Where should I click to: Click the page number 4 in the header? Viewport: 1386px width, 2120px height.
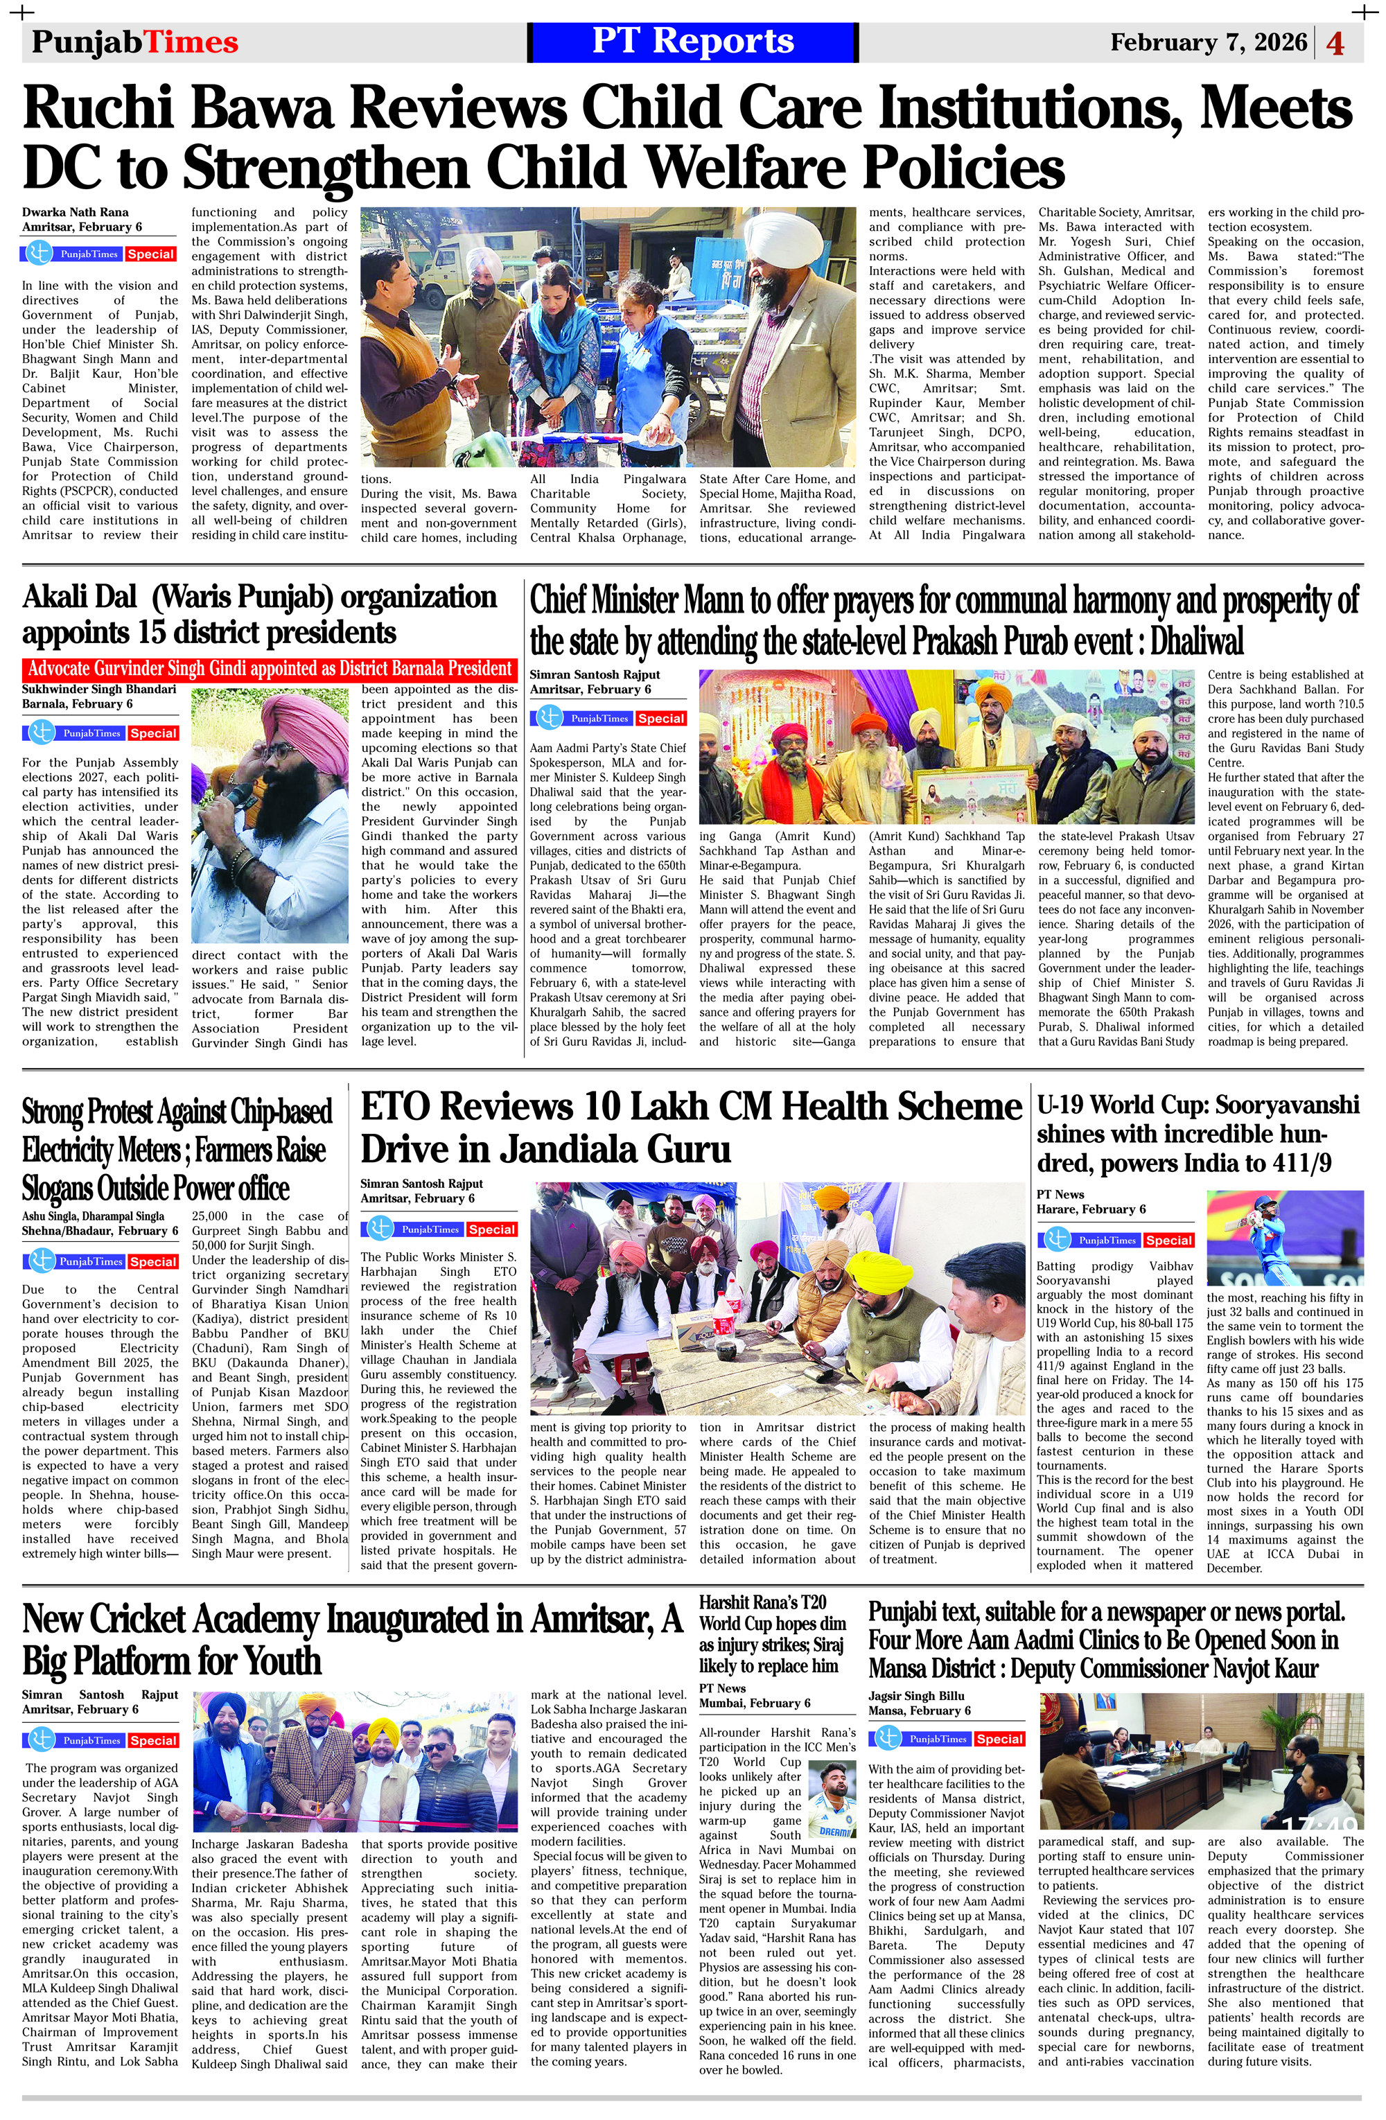[1335, 43]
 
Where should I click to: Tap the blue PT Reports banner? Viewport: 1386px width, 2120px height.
[692, 42]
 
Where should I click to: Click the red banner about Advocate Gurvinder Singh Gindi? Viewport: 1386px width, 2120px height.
[269, 669]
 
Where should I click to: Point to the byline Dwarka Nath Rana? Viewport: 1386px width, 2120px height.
[76, 212]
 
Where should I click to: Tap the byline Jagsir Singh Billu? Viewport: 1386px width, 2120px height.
[917, 1696]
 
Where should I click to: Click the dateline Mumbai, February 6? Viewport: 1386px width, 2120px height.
[755, 1703]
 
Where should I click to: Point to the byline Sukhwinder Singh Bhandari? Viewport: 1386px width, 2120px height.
[99, 689]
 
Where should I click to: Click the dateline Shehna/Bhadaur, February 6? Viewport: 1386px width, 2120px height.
[94, 1230]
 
